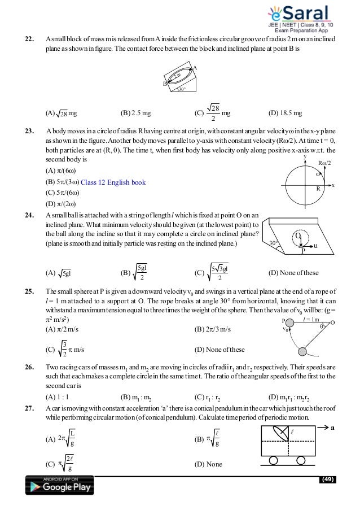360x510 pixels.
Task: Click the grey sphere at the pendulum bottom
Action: (302, 352)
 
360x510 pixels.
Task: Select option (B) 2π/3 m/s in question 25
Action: (212, 328)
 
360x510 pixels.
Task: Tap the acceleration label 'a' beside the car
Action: (333, 428)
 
